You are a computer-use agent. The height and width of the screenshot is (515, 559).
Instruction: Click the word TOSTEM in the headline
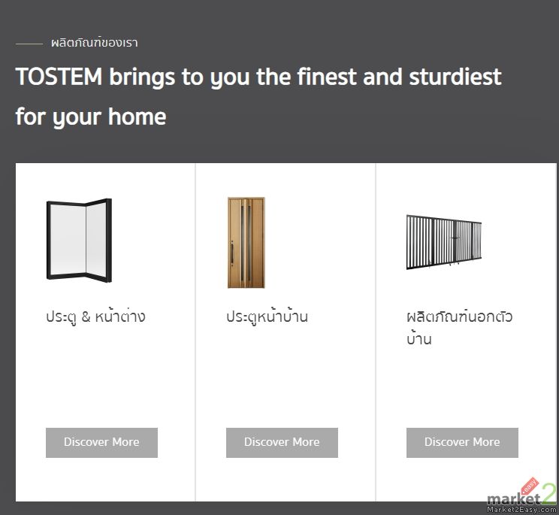pos(59,77)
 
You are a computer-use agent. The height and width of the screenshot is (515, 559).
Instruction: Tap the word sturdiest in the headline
pos(455,77)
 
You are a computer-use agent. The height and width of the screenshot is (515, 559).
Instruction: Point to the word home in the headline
pos(137,117)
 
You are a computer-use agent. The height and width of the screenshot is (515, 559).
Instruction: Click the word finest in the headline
pos(327,77)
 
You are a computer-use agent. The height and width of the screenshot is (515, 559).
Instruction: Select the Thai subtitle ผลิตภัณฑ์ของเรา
pos(95,43)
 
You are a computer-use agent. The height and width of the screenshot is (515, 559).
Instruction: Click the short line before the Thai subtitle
pos(29,44)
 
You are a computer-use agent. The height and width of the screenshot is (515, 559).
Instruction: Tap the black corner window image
pos(79,240)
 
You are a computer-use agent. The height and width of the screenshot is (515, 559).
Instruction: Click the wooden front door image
pos(246,243)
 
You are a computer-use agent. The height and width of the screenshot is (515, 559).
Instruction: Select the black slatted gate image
pos(444,242)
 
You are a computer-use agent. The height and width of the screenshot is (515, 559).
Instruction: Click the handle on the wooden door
pos(232,253)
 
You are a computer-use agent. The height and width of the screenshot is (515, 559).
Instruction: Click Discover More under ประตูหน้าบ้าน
pos(282,442)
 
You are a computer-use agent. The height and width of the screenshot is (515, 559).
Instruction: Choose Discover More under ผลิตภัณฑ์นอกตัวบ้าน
pos(462,442)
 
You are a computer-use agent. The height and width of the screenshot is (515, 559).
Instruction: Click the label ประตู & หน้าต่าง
pos(95,317)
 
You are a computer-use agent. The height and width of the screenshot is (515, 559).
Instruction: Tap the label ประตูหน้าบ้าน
pos(267,317)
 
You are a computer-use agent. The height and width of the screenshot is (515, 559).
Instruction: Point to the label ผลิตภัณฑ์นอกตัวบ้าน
pos(459,327)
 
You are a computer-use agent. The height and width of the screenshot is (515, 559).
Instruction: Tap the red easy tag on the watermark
pos(530,486)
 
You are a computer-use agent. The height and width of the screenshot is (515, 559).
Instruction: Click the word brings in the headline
pos(142,77)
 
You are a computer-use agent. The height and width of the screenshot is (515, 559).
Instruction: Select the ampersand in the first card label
pos(86,317)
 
